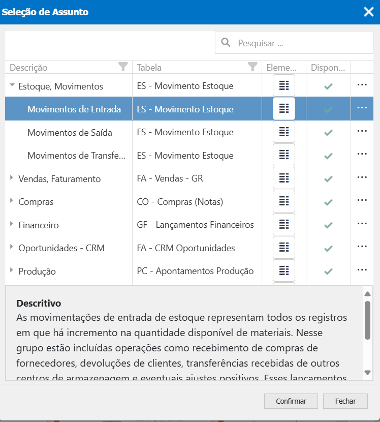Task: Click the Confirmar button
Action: click(291, 401)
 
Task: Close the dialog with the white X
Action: click(368, 12)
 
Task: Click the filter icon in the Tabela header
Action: click(252, 67)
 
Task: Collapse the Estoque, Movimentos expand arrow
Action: click(12, 86)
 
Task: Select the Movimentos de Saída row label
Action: click(70, 133)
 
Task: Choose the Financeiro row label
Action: click(39, 225)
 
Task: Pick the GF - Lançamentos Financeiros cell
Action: click(195, 225)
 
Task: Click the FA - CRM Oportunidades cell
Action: click(186, 248)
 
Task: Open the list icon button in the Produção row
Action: click(284, 270)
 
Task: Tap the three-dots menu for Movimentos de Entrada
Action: click(362, 108)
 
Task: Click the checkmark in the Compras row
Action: click(328, 202)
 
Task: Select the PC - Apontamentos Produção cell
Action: click(195, 272)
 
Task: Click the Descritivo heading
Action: click(39, 304)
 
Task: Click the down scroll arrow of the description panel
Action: click(368, 373)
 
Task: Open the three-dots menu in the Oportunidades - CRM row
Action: click(362, 247)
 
